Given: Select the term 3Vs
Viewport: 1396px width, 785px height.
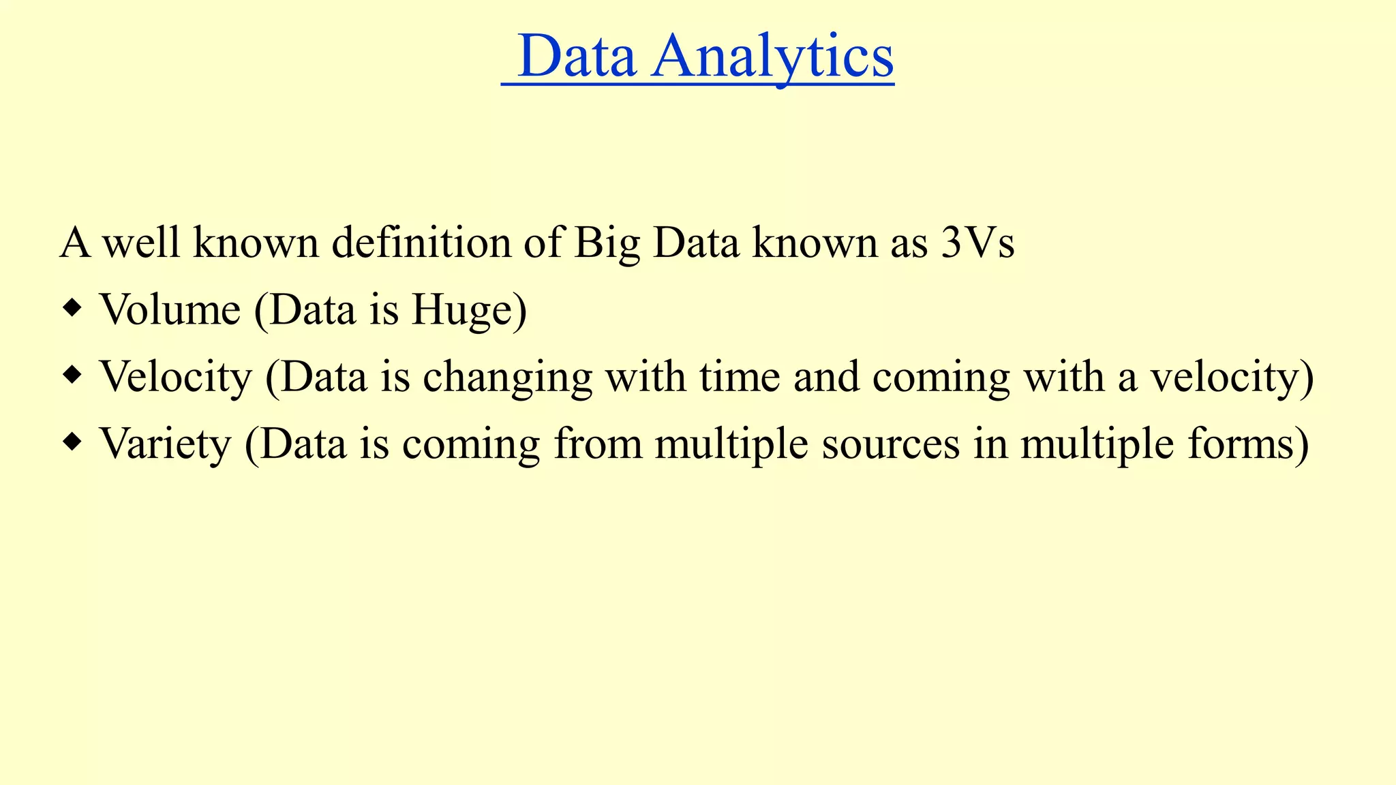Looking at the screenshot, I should click(977, 243).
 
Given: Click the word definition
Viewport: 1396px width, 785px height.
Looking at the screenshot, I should click(421, 243).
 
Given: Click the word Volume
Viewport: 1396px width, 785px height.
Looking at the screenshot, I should click(170, 309).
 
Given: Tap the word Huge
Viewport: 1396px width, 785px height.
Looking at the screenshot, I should click(469, 311).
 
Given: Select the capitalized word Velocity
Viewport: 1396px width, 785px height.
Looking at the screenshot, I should click(176, 377).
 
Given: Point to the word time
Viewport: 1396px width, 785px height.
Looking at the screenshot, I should click(740, 377).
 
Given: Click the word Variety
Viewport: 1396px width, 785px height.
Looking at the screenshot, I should click(166, 444).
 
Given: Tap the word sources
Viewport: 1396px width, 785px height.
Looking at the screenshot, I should click(891, 444).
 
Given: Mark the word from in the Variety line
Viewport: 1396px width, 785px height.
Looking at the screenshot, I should click(598, 444).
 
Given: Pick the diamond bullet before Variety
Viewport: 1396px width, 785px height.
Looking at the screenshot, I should click(72, 444).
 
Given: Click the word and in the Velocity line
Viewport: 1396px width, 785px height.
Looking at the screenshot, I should click(826, 377).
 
